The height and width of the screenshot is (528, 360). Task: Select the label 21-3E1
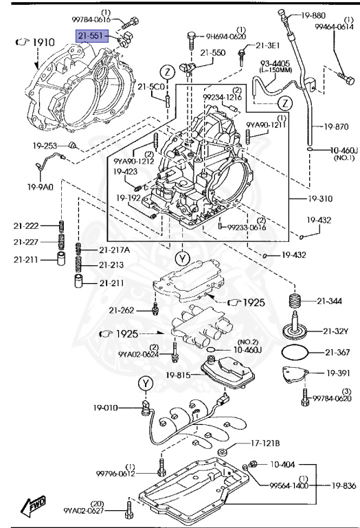[x=269, y=45]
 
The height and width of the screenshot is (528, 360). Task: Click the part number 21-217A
[x=114, y=249]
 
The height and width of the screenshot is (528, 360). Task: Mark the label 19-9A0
[x=41, y=186]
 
